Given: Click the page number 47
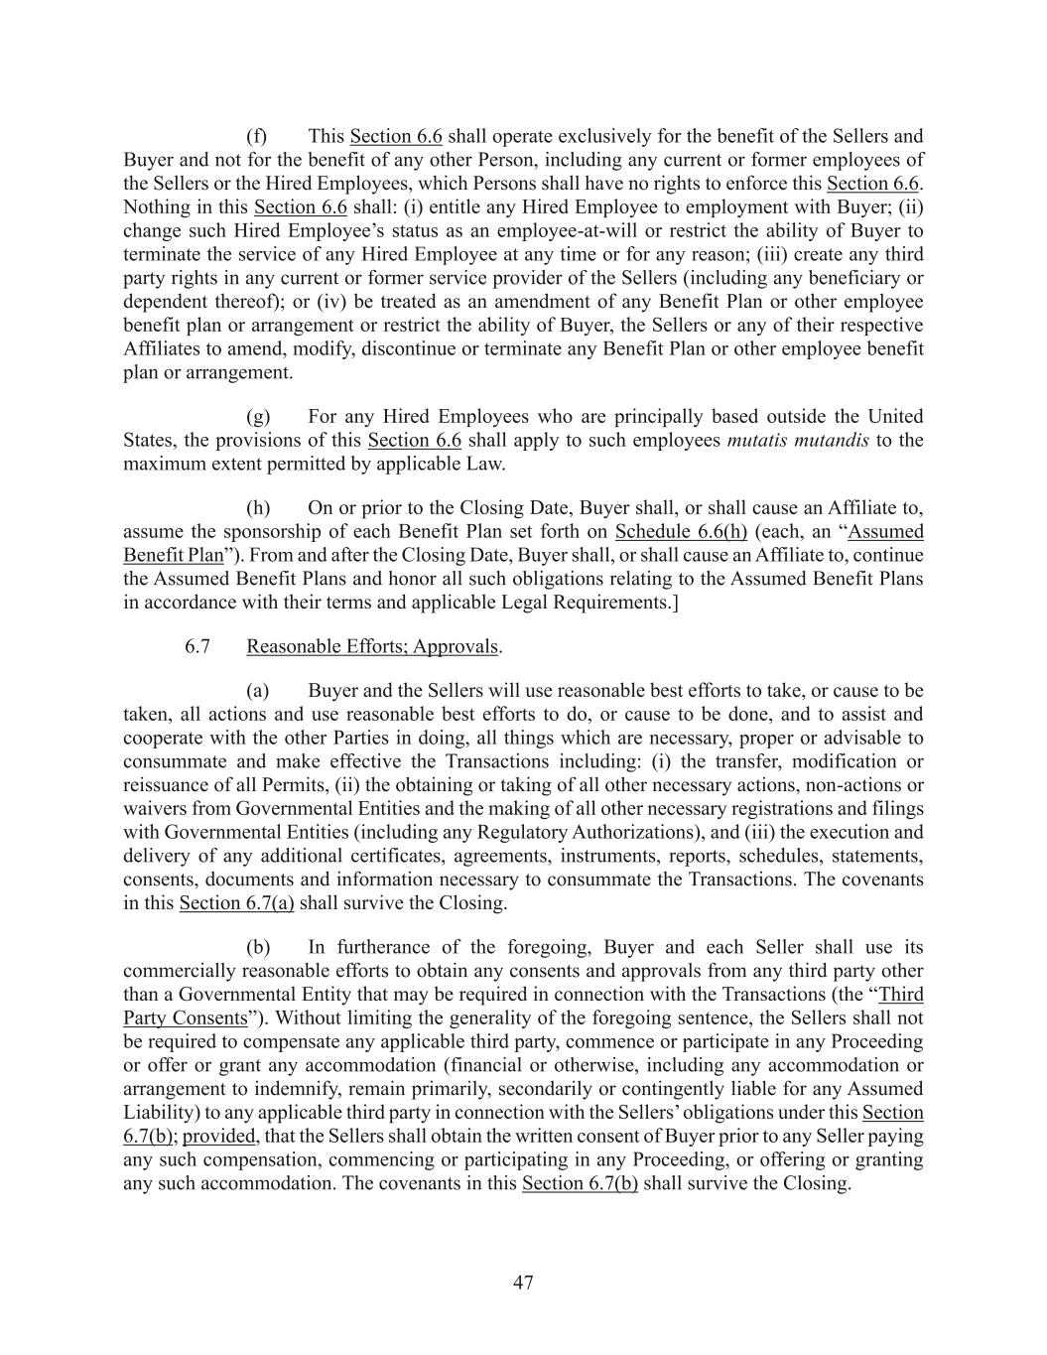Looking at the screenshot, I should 523,1283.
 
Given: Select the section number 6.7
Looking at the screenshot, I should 197,646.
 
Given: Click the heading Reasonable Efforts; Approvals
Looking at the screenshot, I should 372,646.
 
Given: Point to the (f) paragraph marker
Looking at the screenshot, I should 257,136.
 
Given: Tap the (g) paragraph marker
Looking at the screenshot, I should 258,416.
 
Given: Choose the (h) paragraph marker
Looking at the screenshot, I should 258,507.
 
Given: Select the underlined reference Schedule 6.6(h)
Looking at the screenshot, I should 681,531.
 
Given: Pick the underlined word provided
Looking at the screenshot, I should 220,1136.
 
